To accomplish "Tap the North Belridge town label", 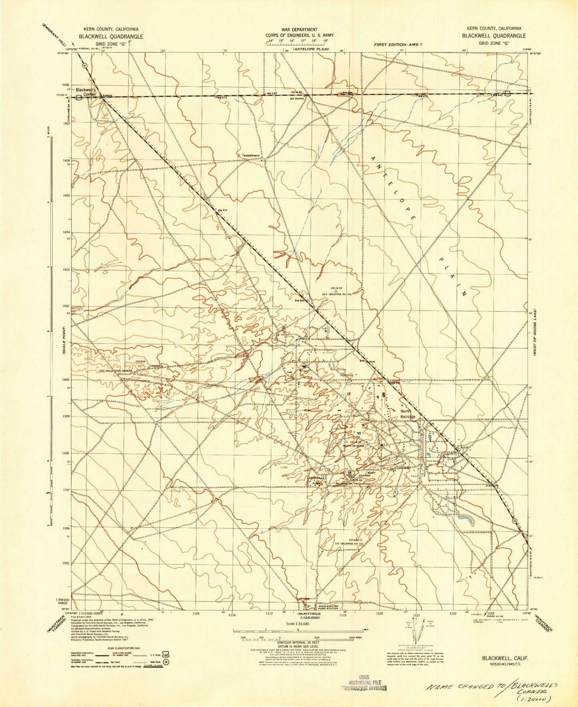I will coord(408,414).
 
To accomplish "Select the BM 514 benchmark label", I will coord(223,210).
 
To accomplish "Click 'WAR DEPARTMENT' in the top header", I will coord(299,30).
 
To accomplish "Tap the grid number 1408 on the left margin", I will coord(66,85).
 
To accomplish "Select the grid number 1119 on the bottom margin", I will coord(342,616).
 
